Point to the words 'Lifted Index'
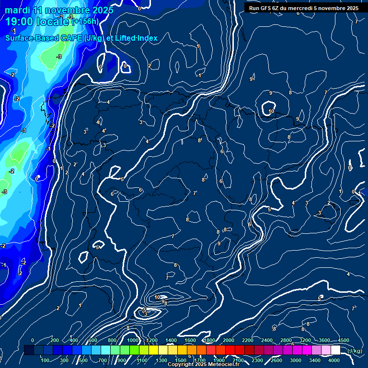[x=137, y=38]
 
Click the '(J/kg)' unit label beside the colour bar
[x=355, y=351]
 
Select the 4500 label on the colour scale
[x=344, y=340]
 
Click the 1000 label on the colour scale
[x=132, y=340]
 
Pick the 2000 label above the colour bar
[x=228, y=340]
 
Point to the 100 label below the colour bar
[x=46, y=360]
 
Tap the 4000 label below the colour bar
[x=334, y=360]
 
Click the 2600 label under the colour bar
[x=276, y=360]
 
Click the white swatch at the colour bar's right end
[x=335, y=350]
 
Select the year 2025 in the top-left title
[x=101, y=10]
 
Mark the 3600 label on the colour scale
[x=324, y=340]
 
